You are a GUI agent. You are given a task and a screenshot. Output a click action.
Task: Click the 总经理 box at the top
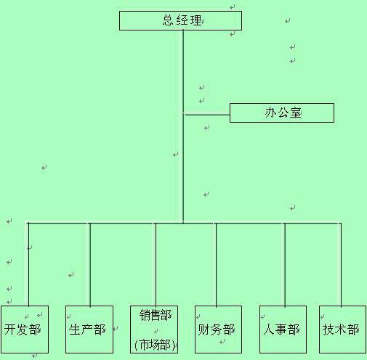tap(180, 20)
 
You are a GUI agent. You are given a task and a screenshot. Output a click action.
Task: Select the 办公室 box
tap(282, 112)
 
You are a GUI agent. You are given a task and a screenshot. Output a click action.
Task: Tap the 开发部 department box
tap(25, 330)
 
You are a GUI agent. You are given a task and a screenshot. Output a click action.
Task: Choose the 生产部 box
tap(89, 330)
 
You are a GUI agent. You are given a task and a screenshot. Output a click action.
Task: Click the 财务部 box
tap(218, 330)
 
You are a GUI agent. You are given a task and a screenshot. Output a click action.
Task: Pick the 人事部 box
tap(283, 330)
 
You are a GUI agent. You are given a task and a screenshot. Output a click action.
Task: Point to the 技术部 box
tap(342, 330)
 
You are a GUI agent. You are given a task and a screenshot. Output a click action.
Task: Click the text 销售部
tap(156, 315)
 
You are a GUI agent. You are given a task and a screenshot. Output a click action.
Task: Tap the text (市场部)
tap(155, 345)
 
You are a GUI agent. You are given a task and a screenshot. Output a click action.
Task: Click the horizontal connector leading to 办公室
tap(207, 115)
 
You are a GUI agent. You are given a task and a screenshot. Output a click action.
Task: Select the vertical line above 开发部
tap(28, 264)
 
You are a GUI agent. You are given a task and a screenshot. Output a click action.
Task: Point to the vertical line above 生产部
tap(90, 264)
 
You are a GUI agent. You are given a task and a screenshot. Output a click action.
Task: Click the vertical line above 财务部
tap(217, 264)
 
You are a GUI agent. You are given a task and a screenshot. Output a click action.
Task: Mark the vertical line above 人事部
tap(285, 264)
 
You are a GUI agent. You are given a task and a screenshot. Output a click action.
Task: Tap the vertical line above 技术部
tap(341, 264)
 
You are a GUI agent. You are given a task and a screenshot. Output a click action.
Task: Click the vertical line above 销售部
tap(156, 264)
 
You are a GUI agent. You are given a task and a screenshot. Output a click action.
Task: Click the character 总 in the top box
tap(168, 20)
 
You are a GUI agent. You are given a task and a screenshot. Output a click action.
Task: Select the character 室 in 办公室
tap(295, 113)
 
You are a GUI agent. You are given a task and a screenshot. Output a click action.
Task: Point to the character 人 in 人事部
tap(269, 330)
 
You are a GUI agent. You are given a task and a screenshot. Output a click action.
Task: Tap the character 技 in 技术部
tap(328, 330)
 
